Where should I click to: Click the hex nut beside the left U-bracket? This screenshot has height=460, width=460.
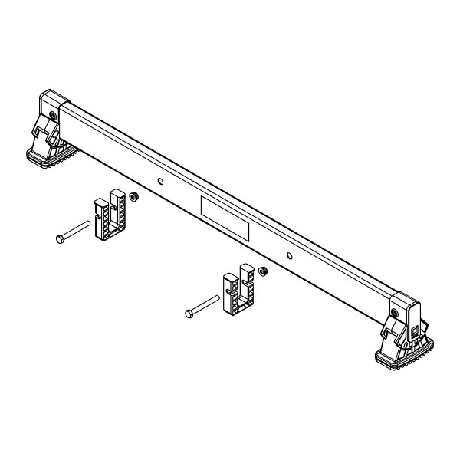click(x=133, y=196)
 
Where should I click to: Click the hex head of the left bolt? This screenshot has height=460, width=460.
click(x=59, y=239)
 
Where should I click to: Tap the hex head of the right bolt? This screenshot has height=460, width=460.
click(x=189, y=313)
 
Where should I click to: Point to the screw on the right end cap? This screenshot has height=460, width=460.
click(x=395, y=314)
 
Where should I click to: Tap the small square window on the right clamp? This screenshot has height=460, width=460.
click(x=414, y=330)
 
